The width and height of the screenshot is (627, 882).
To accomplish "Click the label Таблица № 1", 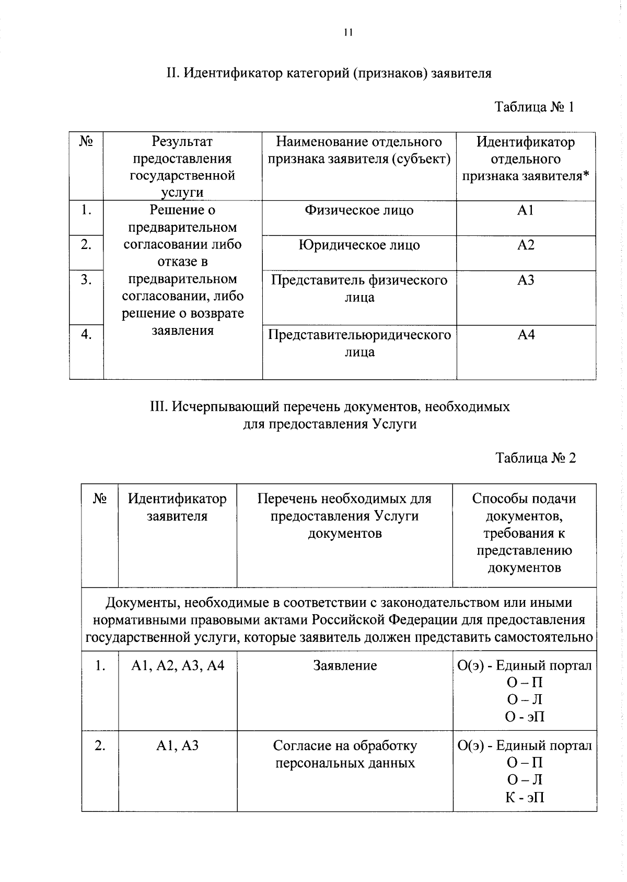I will click(535, 107).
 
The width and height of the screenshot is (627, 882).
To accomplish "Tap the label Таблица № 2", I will click(536, 458).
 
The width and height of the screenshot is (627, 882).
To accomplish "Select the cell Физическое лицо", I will click(359, 211).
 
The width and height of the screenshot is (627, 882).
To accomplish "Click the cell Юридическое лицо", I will click(359, 245).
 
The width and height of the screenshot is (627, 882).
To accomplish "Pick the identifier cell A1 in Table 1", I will click(526, 211).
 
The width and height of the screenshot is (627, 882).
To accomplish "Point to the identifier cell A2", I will click(526, 245).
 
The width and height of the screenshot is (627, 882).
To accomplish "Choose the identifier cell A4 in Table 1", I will click(526, 335).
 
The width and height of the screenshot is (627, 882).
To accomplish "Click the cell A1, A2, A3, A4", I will click(178, 666).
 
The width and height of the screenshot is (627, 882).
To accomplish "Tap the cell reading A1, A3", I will click(178, 745).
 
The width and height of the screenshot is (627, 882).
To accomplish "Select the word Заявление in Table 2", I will click(345, 666).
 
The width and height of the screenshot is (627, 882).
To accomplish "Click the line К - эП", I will click(525, 797).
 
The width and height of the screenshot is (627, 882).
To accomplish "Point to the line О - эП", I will click(525, 717).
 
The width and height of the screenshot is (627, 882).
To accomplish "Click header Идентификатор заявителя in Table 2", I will click(178, 507).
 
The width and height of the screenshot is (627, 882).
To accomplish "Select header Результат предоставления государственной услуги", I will click(182, 167).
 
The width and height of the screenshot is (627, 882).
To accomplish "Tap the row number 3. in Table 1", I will click(86, 280).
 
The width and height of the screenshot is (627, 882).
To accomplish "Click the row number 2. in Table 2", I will click(100, 745).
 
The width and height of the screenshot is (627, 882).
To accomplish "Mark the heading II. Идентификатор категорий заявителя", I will click(329, 73).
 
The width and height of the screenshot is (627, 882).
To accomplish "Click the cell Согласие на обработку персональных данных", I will click(345, 754).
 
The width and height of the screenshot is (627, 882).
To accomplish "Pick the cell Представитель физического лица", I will click(359, 289).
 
